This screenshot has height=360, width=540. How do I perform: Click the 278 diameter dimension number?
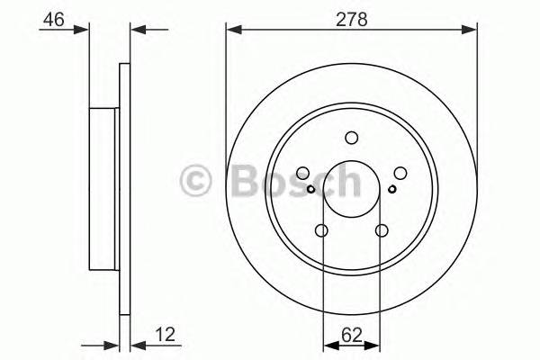point(352,19)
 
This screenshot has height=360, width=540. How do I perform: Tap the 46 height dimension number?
point(54,19)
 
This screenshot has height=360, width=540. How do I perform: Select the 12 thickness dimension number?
point(166,335)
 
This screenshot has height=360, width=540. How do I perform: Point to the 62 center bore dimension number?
point(352,335)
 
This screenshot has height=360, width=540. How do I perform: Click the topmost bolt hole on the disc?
point(352,138)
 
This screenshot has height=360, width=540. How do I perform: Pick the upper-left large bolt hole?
point(302,173)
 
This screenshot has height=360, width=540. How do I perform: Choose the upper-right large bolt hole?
point(400,173)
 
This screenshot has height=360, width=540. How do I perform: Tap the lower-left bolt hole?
point(321,230)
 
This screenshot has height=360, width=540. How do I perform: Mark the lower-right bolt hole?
point(382,230)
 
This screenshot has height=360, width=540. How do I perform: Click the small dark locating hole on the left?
point(310,189)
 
